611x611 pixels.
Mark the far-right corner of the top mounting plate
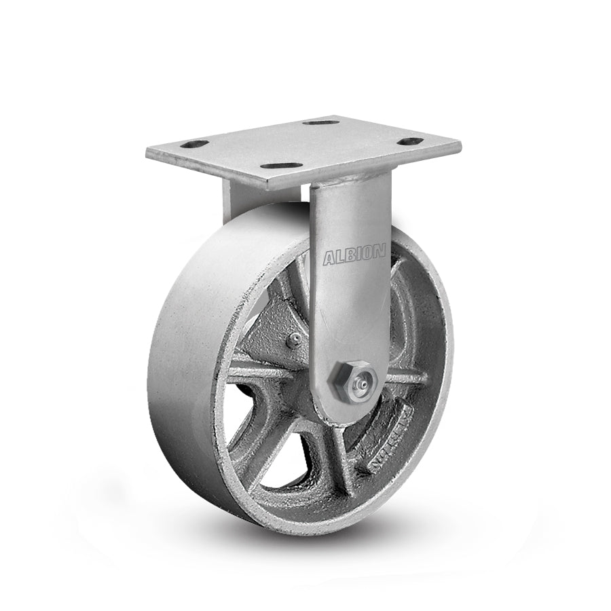click(459, 146)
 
